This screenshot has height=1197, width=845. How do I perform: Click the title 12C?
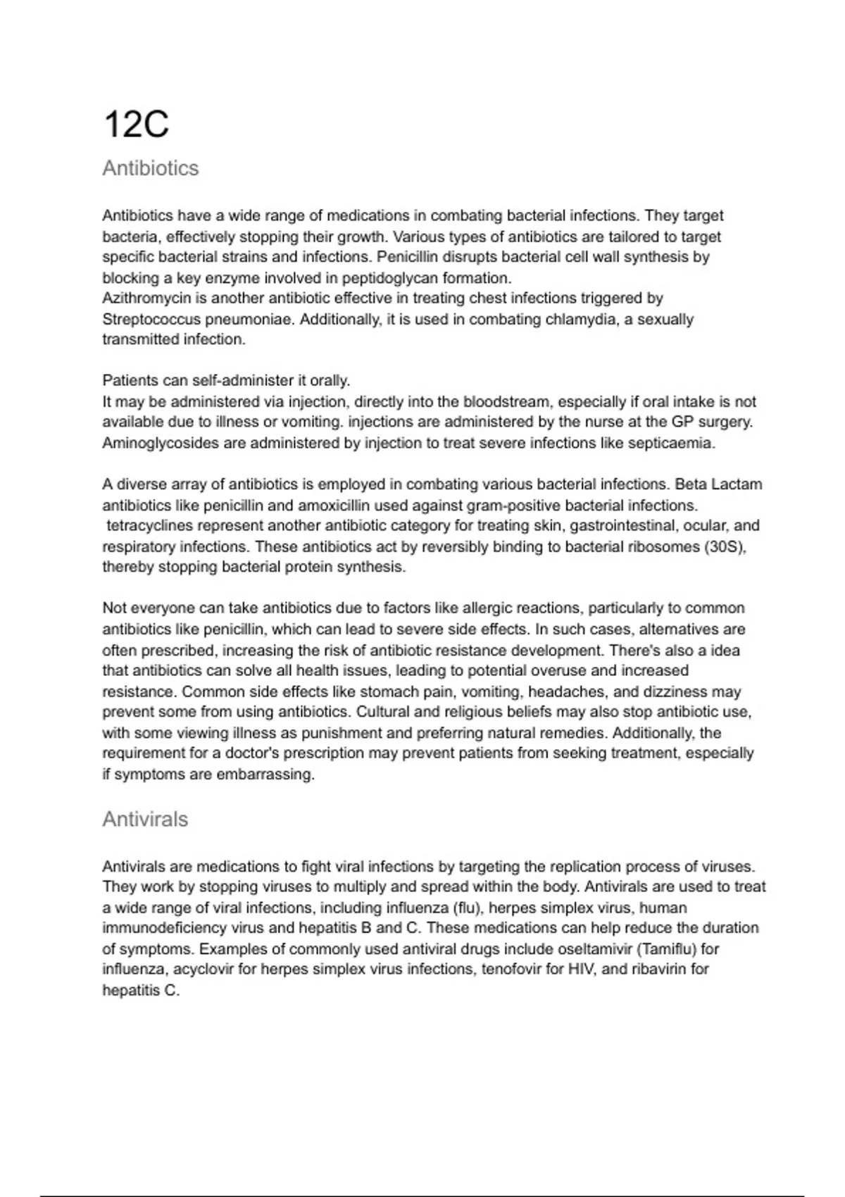136,125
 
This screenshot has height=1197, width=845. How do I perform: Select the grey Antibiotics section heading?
151,168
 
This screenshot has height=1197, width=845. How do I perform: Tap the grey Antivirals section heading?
145,819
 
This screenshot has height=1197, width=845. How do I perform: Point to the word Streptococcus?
151,319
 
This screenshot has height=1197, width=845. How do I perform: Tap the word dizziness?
668,691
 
